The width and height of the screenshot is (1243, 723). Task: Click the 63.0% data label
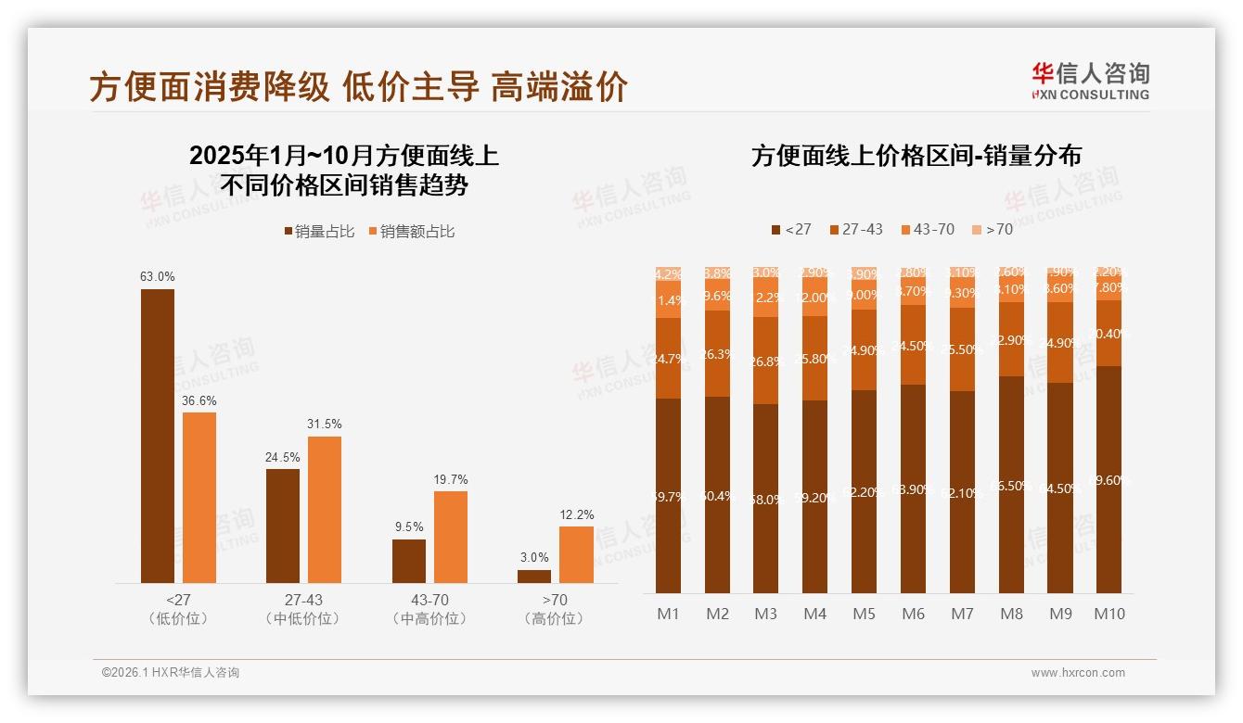point(157,276)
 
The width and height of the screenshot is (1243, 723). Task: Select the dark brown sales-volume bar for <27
point(157,436)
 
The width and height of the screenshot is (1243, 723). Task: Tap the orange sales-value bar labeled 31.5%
point(325,509)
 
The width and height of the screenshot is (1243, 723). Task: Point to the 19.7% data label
point(451,479)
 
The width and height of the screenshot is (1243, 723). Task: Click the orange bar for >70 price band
point(576,554)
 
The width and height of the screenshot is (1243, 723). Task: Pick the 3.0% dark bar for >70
point(534,576)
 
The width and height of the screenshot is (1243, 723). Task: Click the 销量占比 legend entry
point(319,232)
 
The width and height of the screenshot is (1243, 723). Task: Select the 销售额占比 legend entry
point(411,232)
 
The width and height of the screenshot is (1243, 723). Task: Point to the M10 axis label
point(1109,614)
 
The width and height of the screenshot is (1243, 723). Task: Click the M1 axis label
point(669,614)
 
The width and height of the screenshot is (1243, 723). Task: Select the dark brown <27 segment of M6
point(914,488)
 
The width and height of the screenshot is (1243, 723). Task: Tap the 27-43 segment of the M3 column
point(766,361)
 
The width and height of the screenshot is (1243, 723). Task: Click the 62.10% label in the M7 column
point(963,493)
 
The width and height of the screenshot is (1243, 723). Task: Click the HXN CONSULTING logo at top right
point(1091,82)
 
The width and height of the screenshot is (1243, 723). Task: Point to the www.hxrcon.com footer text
point(1078,673)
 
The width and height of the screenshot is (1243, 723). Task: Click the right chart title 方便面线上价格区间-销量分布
point(916,156)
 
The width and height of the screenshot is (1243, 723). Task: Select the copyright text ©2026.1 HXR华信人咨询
point(171,673)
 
